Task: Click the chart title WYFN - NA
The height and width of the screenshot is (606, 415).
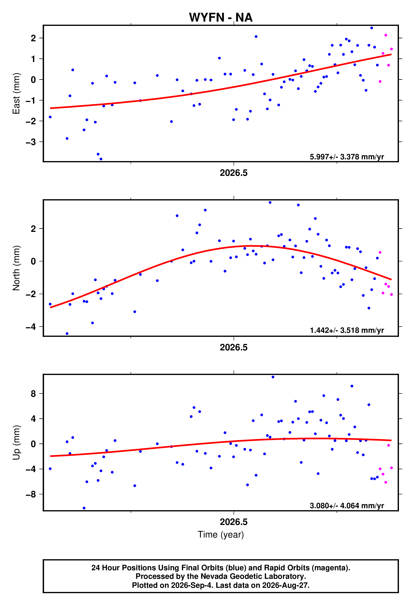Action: tap(221, 18)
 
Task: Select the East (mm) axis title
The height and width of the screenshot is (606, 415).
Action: tap(16, 93)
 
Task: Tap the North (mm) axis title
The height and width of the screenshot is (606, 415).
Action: tap(16, 268)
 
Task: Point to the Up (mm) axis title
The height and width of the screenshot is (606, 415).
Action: tap(16, 443)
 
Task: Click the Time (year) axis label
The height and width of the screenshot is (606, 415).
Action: tap(221, 535)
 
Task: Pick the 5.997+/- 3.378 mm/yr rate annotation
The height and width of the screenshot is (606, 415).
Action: tap(347, 157)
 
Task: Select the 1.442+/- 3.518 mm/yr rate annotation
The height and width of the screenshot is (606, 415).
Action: tap(347, 330)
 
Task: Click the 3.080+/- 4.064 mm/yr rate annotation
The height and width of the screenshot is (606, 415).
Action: tap(347, 506)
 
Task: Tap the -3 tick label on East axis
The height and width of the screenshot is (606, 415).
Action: tap(31, 142)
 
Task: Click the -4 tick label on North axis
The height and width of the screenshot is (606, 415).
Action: tap(31, 327)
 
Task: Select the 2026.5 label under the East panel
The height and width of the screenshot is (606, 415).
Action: tap(234, 173)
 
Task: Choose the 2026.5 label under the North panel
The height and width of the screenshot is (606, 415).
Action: tap(234, 347)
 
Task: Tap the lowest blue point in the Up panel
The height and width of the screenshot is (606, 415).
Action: tap(84, 508)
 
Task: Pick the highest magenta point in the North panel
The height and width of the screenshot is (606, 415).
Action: tap(380, 252)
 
